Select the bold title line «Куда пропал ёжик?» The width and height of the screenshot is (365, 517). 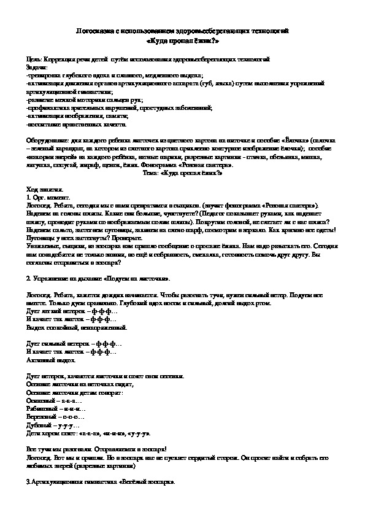(x=183, y=41)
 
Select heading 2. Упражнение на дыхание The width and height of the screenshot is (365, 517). (x=92, y=279)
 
